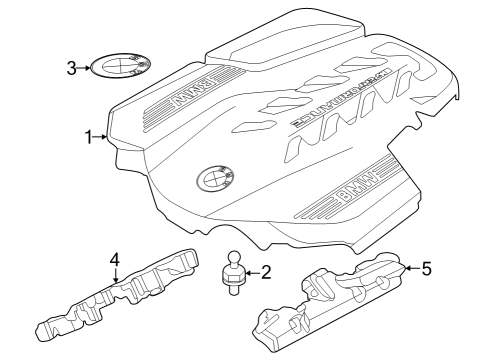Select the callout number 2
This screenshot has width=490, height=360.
(265, 271)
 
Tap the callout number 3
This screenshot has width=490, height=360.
(71, 68)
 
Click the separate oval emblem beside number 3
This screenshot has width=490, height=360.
(117, 67)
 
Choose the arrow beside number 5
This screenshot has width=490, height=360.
(409, 268)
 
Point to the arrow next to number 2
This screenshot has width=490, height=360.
(250, 271)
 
